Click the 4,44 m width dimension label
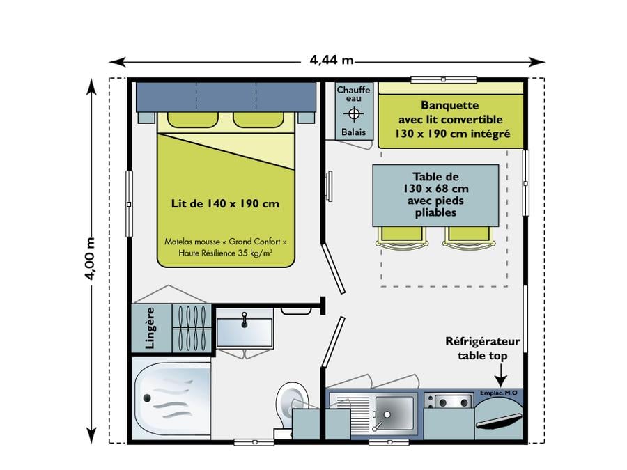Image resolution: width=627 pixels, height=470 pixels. tap(332, 61)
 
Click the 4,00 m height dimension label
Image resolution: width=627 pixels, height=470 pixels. tap(91, 258)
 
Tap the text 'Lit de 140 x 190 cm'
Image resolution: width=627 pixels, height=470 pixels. tap(225, 204)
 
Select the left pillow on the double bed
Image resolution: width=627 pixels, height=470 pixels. tap(193, 120)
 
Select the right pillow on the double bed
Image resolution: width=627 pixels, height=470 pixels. tap(258, 120)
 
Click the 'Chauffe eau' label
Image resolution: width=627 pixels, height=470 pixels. tap(353, 94)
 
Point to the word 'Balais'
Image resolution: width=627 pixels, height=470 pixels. tap(353, 132)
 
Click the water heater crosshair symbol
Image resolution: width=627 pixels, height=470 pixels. tap(353, 114)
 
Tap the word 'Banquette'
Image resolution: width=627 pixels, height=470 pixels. tap(450, 106)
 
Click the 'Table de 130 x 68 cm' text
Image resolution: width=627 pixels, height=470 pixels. tap(435, 182)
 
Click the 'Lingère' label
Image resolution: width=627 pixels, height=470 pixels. tap(150, 328)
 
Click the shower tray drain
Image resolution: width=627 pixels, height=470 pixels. tap(147, 398)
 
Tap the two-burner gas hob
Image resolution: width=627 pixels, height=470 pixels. tap(448, 401)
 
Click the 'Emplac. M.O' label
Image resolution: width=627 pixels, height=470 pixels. tap(498, 393)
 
